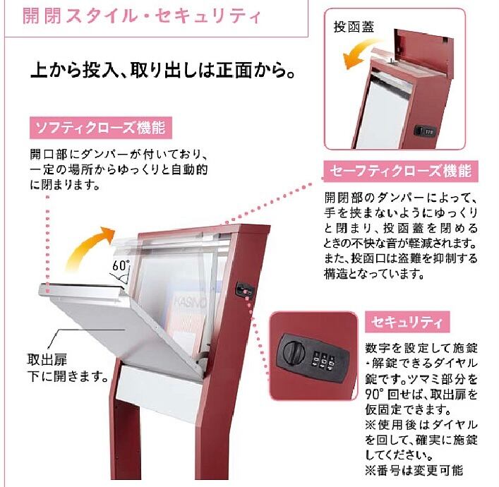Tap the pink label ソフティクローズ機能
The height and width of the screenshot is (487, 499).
click(x=101, y=128)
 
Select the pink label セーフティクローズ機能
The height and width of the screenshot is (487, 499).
click(x=400, y=171)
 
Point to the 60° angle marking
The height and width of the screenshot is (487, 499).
click(x=119, y=265)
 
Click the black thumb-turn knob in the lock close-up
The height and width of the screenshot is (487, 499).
click(x=291, y=350)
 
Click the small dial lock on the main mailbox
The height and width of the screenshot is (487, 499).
click(x=242, y=290)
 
